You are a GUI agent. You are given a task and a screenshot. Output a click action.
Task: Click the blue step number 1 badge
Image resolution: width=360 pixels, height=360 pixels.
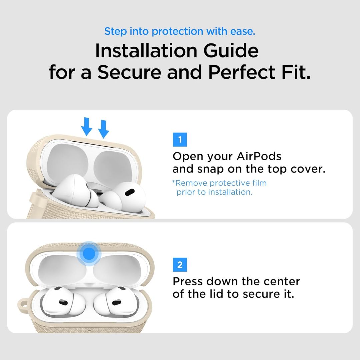click(180, 140)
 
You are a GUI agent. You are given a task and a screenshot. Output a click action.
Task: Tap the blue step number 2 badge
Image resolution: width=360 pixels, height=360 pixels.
click(180, 265)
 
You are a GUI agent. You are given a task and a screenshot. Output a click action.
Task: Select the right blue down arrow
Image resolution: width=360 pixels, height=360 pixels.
click(104, 129)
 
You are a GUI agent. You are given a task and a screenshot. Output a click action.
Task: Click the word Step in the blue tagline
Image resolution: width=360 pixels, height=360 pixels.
click(115, 31)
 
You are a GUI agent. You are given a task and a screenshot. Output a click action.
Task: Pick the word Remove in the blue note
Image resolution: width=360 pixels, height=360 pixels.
click(190, 183)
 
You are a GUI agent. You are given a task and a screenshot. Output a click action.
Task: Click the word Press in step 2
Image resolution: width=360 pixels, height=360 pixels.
click(188, 281)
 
